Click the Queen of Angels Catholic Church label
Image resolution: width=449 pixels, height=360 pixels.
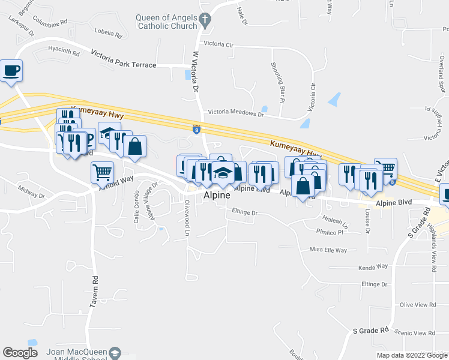[166, 22]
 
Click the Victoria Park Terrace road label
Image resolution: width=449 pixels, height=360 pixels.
[124, 65]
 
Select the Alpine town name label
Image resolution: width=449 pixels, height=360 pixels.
[217, 196]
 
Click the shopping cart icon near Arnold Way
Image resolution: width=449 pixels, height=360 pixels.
[102, 172]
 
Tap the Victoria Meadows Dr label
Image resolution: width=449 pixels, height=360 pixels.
[235, 112]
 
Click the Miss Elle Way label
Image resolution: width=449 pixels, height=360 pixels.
[328, 250]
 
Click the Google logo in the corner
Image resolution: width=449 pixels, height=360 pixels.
[20, 353]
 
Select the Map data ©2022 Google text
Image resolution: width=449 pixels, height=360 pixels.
[411, 355]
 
